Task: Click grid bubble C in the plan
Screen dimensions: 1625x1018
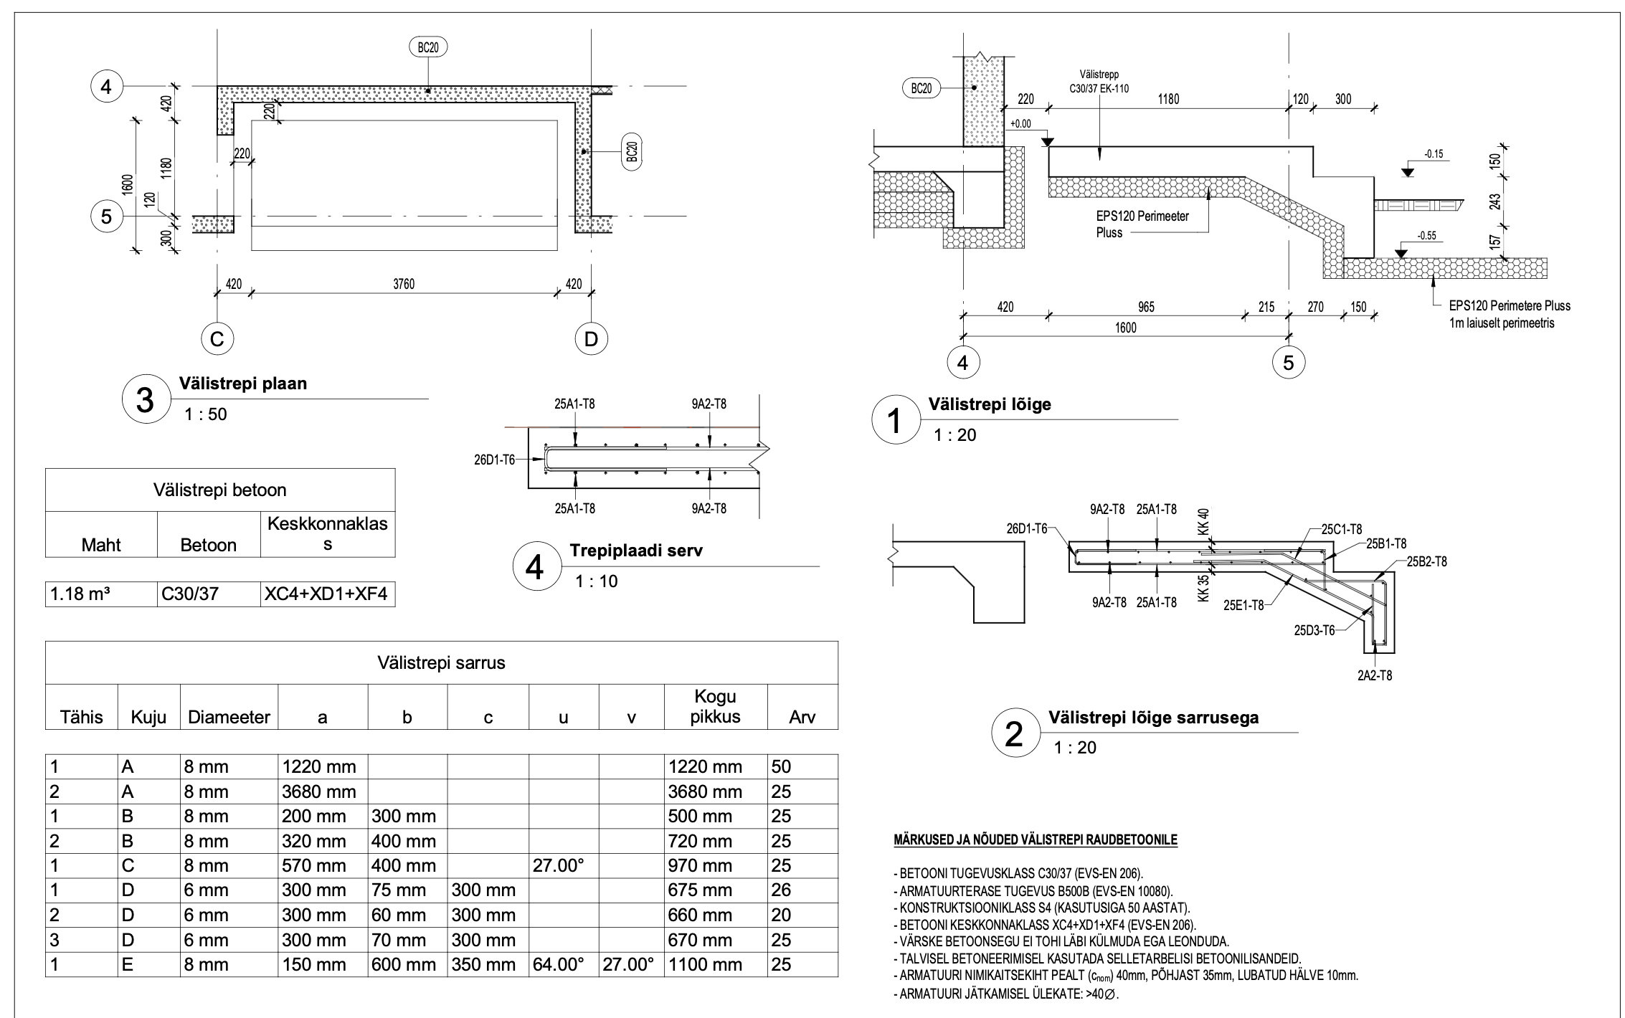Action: click(x=217, y=338)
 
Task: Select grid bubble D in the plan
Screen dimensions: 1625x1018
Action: click(x=591, y=338)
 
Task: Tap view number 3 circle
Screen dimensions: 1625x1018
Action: click(x=145, y=399)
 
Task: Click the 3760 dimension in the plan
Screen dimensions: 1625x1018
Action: click(x=404, y=284)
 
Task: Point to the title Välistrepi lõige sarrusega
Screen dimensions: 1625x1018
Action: click(x=1153, y=718)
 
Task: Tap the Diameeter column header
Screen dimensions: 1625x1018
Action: click(x=229, y=717)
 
